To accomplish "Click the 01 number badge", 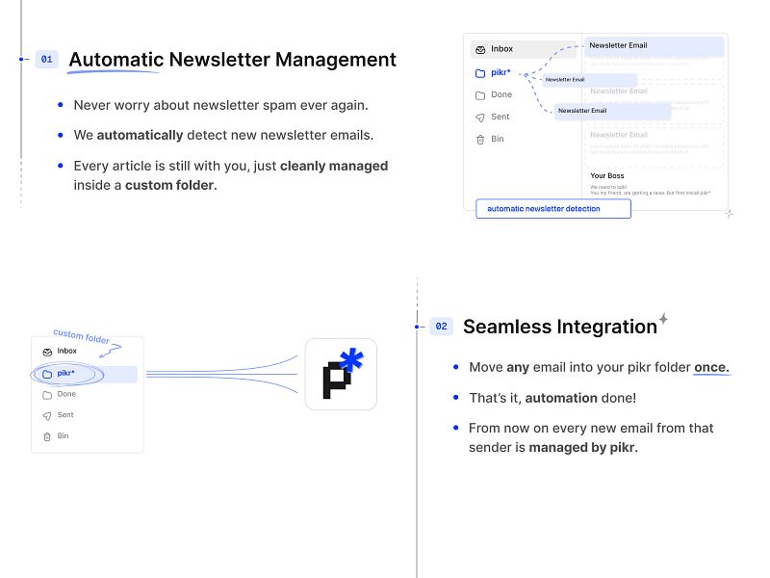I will pyautogui.click(x=46, y=59).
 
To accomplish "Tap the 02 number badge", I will pyautogui.click(x=441, y=327).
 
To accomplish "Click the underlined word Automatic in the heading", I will pyautogui.click(x=116, y=60).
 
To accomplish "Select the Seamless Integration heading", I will pyautogui.click(x=559, y=327).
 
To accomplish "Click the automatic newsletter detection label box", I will pyautogui.click(x=553, y=209).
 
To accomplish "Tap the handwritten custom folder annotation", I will pyautogui.click(x=82, y=338).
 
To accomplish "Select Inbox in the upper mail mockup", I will pyautogui.click(x=501, y=49).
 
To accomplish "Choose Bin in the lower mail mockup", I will pyautogui.click(x=63, y=436).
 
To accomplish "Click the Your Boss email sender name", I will pyautogui.click(x=608, y=176).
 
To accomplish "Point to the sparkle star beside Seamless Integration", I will pyautogui.click(x=663, y=319).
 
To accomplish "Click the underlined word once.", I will pyautogui.click(x=711, y=368).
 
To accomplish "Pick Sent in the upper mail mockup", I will pyautogui.click(x=500, y=117).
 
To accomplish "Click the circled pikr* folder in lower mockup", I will pyautogui.click(x=65, y=374).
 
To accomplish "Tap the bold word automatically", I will pyautogui.click(x=140, y=135).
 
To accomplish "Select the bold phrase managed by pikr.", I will pyautogui.click(x=583, y=448).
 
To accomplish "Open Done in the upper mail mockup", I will pyautogui.click(x=501, y=94).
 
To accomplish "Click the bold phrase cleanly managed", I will pyautogui.click(x=334, y=166).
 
